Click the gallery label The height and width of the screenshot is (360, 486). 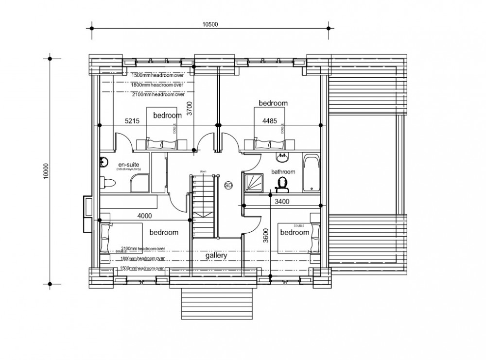click(216, 255)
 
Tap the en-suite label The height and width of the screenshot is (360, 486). click(128, 165)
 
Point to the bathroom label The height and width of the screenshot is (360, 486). click(283, 171)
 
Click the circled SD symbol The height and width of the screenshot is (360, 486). click(228, 185)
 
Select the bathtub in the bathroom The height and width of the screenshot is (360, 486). click(310, 173)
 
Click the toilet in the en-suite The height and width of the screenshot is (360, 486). click(109, 183)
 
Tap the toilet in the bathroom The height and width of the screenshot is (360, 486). click(281, 183)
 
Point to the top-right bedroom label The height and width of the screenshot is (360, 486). click(273, 103)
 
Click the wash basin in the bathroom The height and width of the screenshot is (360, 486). click(281, 157)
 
